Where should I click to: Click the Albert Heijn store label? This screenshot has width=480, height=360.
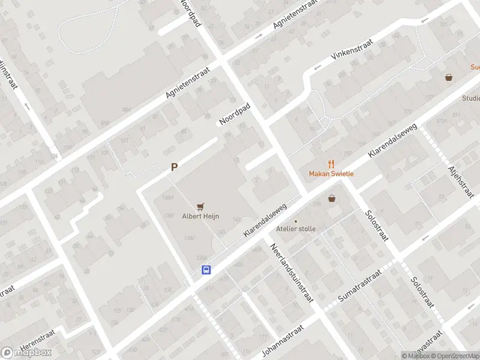coord(200,217)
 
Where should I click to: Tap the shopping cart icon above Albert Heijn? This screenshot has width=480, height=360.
coord(200,206)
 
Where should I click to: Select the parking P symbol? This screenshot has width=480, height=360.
coord(174,168)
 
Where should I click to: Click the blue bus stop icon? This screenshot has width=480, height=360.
coord(206,270)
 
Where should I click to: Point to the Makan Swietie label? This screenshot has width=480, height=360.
coord(331,174)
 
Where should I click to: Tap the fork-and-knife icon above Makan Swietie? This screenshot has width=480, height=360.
coord(331,163)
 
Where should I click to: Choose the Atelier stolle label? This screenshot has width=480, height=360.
coord(295,229)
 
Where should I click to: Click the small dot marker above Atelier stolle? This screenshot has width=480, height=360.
coord(295,221)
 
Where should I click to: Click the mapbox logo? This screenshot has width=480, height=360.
coord(26,353)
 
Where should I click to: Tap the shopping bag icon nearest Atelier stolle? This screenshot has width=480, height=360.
coord(331,199)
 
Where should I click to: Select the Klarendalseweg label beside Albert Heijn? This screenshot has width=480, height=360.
coord(265,219)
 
